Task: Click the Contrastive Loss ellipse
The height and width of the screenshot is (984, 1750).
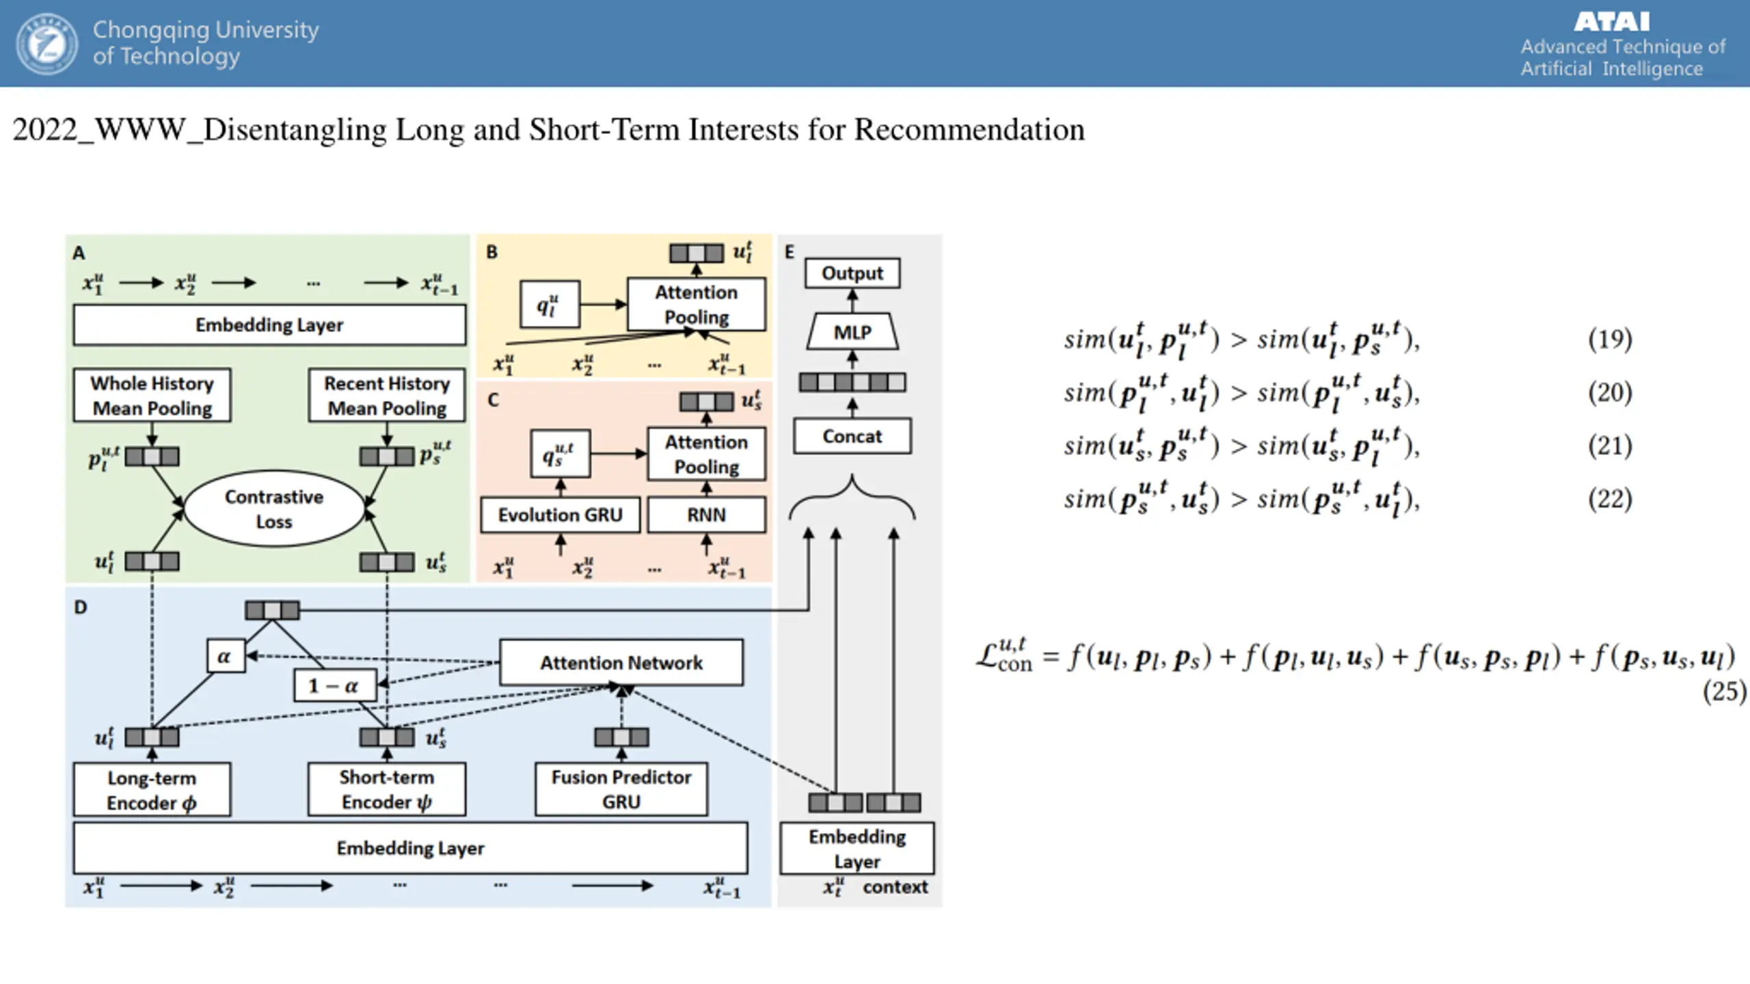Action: (274, 508)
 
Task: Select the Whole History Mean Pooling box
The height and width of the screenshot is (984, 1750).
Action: (152, 395)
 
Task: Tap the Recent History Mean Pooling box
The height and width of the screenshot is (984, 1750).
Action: (387, 395)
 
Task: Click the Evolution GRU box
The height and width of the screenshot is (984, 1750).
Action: (560, 515)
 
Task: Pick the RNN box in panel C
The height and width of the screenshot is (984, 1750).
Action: (706, 515)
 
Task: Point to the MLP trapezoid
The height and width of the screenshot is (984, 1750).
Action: (852, 332)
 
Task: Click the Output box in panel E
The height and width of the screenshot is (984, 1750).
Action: (852, 273)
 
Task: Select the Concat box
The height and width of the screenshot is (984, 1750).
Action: (852, 436)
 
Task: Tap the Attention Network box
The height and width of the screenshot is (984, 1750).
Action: (621, 662)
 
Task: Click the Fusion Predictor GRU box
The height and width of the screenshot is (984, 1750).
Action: (621, 789)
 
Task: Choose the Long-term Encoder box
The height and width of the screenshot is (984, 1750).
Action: (152, 790)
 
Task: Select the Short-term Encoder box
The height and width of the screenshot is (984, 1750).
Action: (387, 789)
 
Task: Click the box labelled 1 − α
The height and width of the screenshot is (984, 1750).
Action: (334, 685)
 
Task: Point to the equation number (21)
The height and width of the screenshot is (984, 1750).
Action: (1610, 446)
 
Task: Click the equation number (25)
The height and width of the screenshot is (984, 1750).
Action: (1724, 691)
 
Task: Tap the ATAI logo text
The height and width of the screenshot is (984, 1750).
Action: (1611, 22)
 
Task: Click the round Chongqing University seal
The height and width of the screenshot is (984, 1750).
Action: (47, 44)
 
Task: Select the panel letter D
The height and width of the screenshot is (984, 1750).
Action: (81, 607)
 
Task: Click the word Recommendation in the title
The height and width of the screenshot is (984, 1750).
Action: (969, 130)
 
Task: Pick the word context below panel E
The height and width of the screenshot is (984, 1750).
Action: (895, 887)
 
